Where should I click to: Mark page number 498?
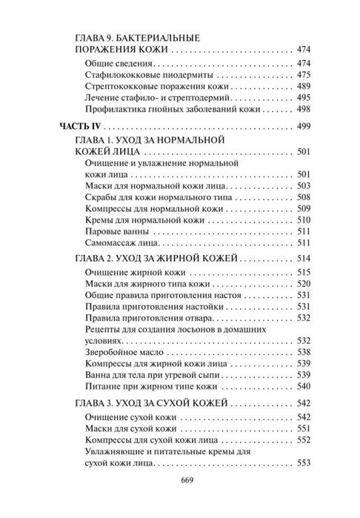click(305, 109)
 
